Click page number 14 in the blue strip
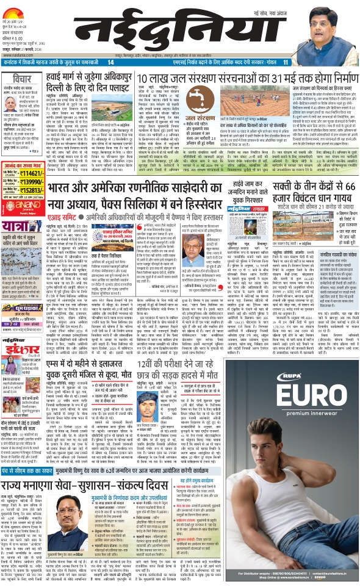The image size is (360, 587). tap(110, 62)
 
